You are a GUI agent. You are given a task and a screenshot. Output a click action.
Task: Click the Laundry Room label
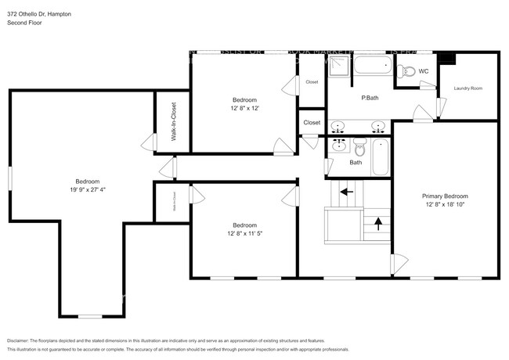click(467, 88)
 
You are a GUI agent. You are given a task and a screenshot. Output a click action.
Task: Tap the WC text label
click(424, 71)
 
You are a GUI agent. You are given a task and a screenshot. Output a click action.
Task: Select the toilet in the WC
click(406, 72)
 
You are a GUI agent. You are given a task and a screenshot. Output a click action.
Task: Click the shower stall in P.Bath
click(338, 71)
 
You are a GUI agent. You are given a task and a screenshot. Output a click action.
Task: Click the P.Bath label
click(370, 98)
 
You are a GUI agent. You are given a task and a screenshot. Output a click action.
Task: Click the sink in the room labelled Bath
click(339, 146)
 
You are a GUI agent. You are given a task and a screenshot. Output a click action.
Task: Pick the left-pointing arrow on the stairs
click(345, 190)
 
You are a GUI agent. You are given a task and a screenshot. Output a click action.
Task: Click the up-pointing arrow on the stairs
click(378, 223)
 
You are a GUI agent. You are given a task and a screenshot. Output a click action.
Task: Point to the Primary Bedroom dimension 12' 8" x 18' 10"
click(445, 206)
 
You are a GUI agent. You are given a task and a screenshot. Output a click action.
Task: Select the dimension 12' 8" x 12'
click(244, 109)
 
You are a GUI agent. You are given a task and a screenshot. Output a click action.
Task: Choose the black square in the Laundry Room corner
click(448, 58)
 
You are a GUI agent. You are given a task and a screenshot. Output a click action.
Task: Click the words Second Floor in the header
click(24, 23)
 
